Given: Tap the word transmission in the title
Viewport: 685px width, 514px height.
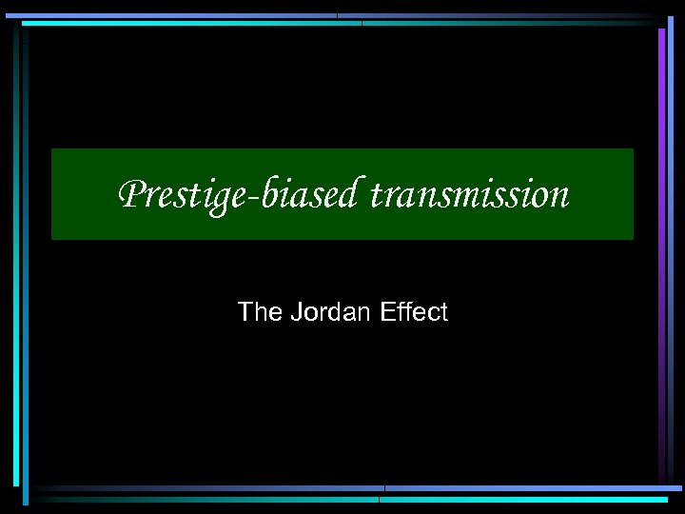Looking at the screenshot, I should tap(469, 195).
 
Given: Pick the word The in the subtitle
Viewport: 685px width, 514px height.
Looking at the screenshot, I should tap(255, 312).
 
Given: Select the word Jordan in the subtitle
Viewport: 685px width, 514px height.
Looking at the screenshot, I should tap(325, 312).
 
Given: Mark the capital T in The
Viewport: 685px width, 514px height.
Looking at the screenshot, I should tap(245, 312).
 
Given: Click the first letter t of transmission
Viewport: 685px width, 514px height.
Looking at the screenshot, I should tap(376, 196).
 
